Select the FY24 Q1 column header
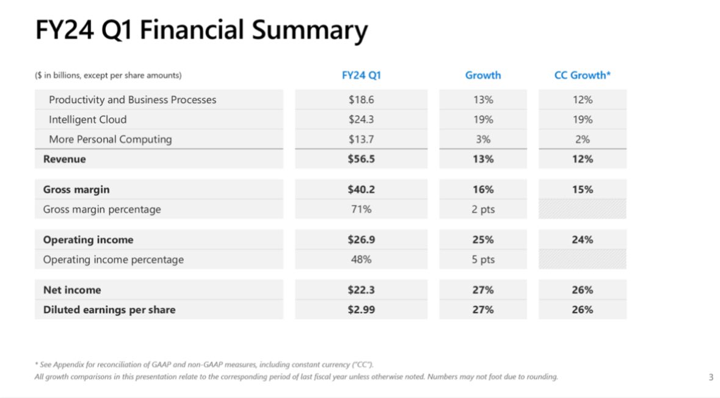coord(361,76)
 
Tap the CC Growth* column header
coord(582,76)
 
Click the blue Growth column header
coord(482,76)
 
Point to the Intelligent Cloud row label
coord(88,120)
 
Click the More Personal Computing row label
coord(111,139)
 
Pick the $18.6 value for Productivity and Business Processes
coord(361,99)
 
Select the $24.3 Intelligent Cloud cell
coord(361,120)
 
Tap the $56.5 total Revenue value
coord(361,159)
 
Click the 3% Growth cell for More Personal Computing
coord(482,139)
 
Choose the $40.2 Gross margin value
coord(361,190)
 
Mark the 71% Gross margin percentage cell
coord(361,209)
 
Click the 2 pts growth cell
coord(482,209)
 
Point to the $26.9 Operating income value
coord(361,240)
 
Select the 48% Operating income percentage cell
coord(361,259)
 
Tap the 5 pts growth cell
coord(482,259)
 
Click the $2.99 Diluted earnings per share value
coord(361,309)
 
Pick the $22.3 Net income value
coord(361,290)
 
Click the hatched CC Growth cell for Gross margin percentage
coord(582,209)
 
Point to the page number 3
coord(710,377)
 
